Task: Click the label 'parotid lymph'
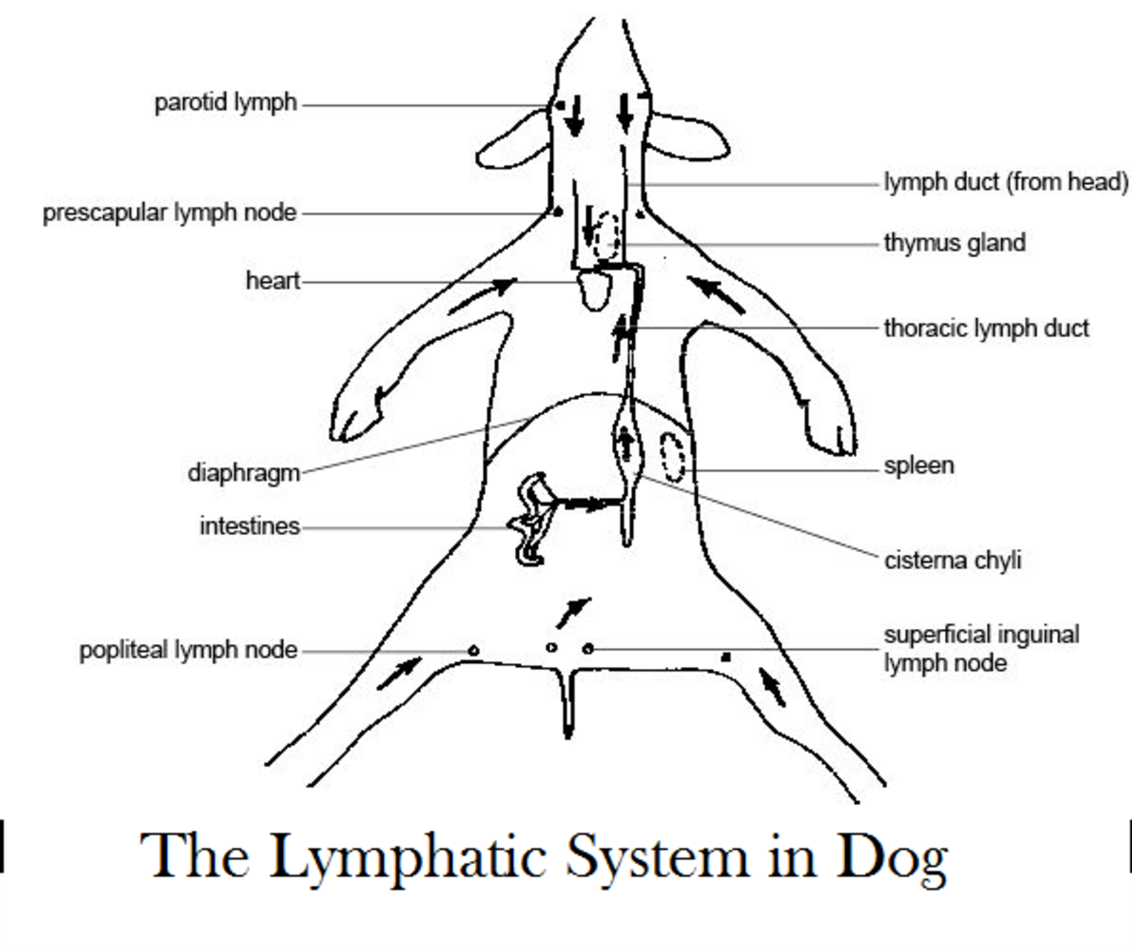coord(226,103)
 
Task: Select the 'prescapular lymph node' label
coord(170,213)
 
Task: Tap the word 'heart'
coord(273,281)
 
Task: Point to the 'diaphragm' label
coord(244,474)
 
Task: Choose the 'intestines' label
coord(250,526)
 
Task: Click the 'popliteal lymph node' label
coord(189,650)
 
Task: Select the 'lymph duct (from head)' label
coord(1007,183)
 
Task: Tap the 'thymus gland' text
coord(955,243)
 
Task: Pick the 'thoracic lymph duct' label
coord(987,328)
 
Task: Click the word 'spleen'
coord(919,466)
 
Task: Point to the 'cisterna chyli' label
coord(953,560)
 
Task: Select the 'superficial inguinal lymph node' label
coord(982,649)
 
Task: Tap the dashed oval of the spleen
coord(662,457)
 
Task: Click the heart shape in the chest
coord(582,291)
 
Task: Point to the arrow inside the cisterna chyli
coord(626,443)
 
